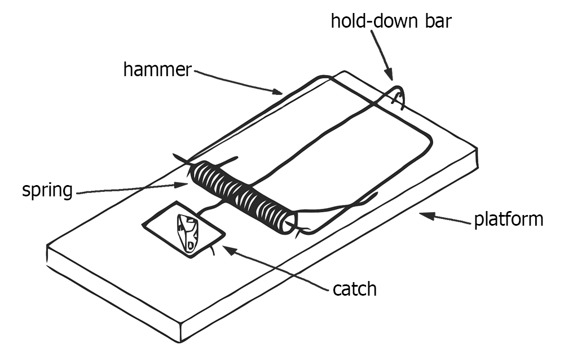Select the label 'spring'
(x=47, y=190)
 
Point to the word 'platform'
(x=508, y=218)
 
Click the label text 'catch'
(x=354, y=289)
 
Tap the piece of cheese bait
(x=187, y=232)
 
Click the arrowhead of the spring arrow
(x=188, y=183)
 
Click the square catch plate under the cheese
(x=164, y=223)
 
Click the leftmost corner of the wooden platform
(x=47, y=247)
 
